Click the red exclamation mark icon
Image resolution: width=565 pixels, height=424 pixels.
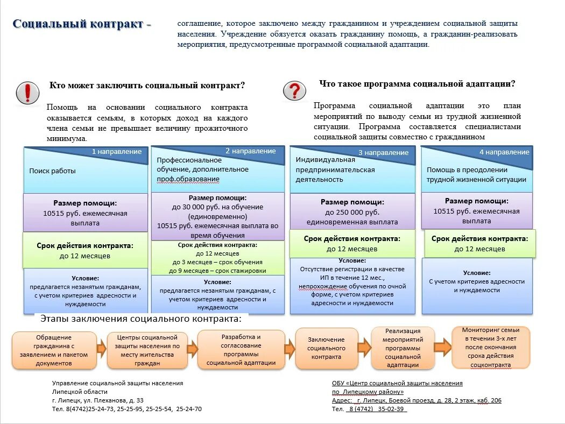click(27, 93)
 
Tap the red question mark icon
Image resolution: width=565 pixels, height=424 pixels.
click(294, 90)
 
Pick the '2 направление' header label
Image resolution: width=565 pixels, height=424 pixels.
click(250, 151)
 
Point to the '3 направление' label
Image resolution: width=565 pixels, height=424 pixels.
click(383, 152)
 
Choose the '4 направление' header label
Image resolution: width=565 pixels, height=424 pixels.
click(504, 152)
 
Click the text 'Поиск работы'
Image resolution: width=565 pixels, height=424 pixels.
click(52, 171)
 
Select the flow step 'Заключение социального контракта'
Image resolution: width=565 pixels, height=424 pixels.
click(326, 348)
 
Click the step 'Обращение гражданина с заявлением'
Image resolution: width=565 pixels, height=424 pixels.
click(54, 350)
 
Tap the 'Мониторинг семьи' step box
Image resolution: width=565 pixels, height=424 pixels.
click(490, 347)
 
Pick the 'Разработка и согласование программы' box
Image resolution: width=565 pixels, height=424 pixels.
click(241, 349)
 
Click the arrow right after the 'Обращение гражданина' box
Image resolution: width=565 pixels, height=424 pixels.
click(102, 349)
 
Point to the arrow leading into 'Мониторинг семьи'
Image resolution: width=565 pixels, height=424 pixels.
click(442, 347)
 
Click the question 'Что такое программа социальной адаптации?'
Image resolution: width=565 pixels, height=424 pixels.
click(417, 84)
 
